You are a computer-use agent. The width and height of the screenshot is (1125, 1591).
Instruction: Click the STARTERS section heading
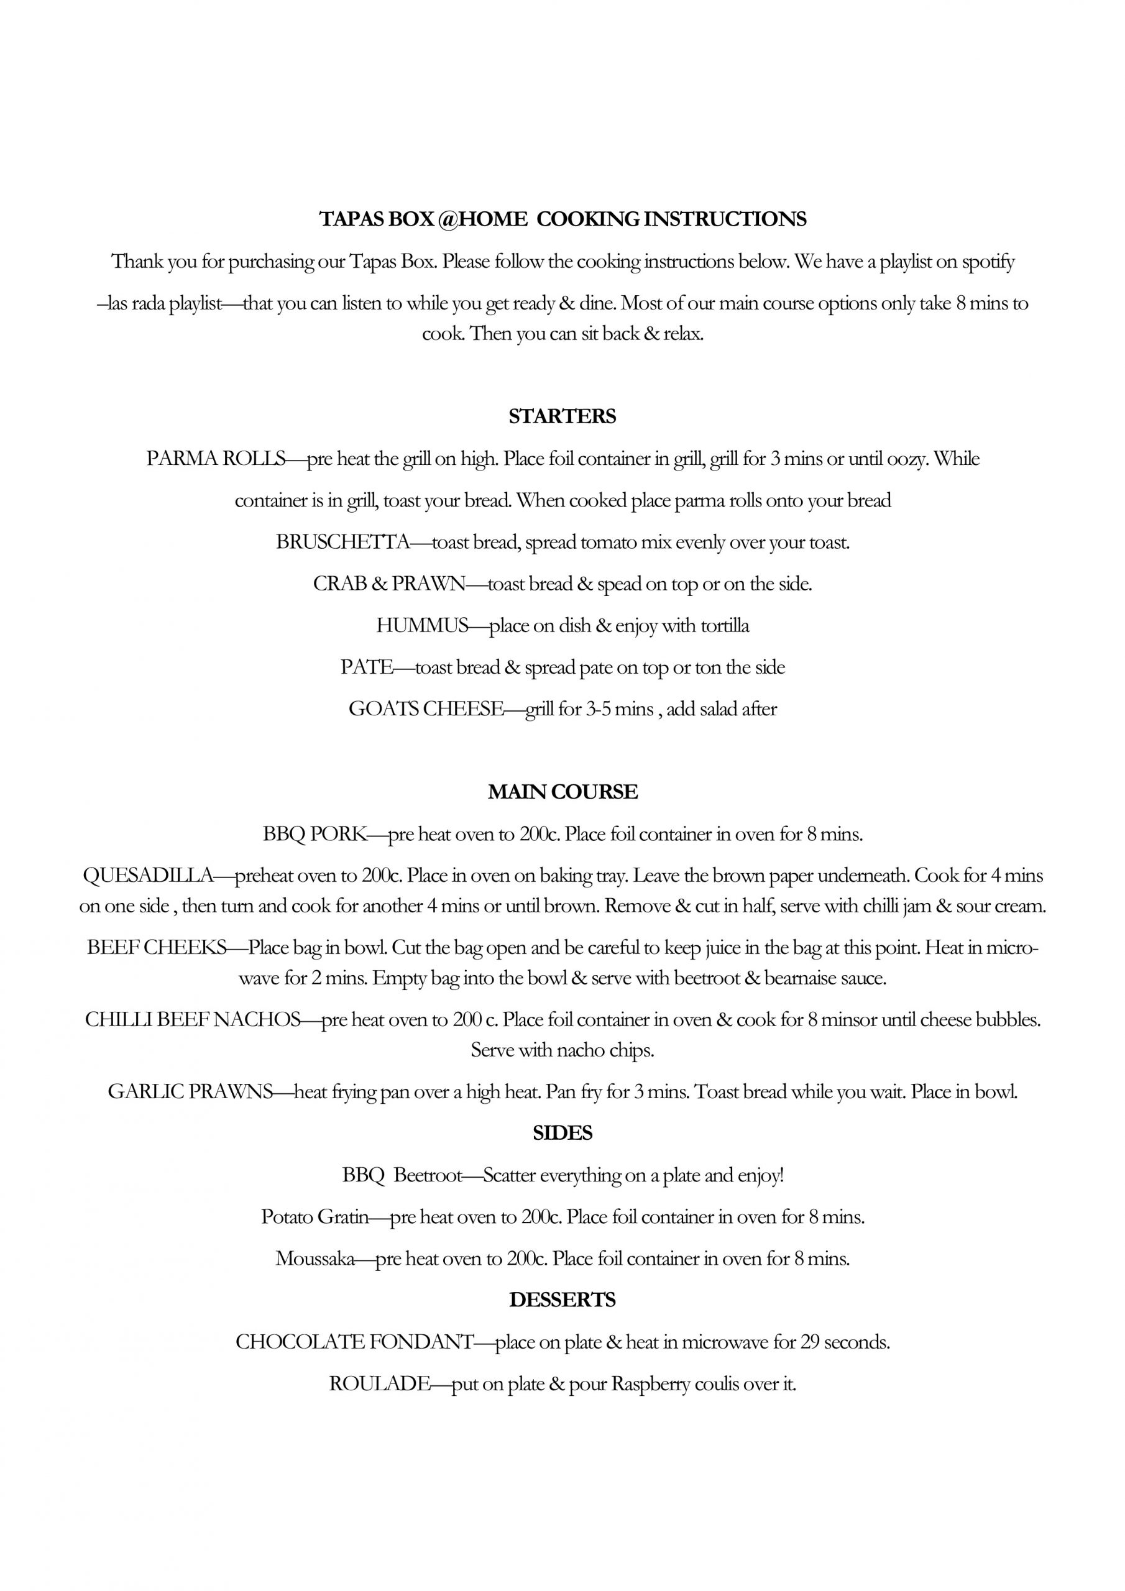(562, 416)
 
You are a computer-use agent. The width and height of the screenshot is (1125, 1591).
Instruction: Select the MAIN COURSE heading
(562, 792)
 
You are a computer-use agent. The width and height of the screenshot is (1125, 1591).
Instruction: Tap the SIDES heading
(562, 1133)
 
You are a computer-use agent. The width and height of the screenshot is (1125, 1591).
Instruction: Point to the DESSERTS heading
(562, 1300)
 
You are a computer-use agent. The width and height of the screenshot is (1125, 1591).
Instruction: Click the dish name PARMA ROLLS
(216, 459)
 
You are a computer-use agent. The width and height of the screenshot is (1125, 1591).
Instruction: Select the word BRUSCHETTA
(343, 542)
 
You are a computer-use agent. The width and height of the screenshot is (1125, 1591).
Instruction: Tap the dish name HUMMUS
(422, 626)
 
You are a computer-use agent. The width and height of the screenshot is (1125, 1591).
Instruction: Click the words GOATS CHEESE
(426, 709)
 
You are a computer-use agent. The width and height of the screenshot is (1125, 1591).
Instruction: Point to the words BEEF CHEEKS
(157, 947)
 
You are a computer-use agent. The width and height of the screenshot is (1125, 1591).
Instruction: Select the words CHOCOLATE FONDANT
(354, 1342)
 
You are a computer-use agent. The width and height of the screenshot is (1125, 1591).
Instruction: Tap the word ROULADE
(380, 1384)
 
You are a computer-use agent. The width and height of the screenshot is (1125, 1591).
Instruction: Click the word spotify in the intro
(988, 262)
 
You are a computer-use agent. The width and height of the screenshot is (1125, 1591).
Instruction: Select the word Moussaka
(315, 1259)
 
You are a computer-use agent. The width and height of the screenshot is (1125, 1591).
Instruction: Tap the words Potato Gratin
(315, 1217)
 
